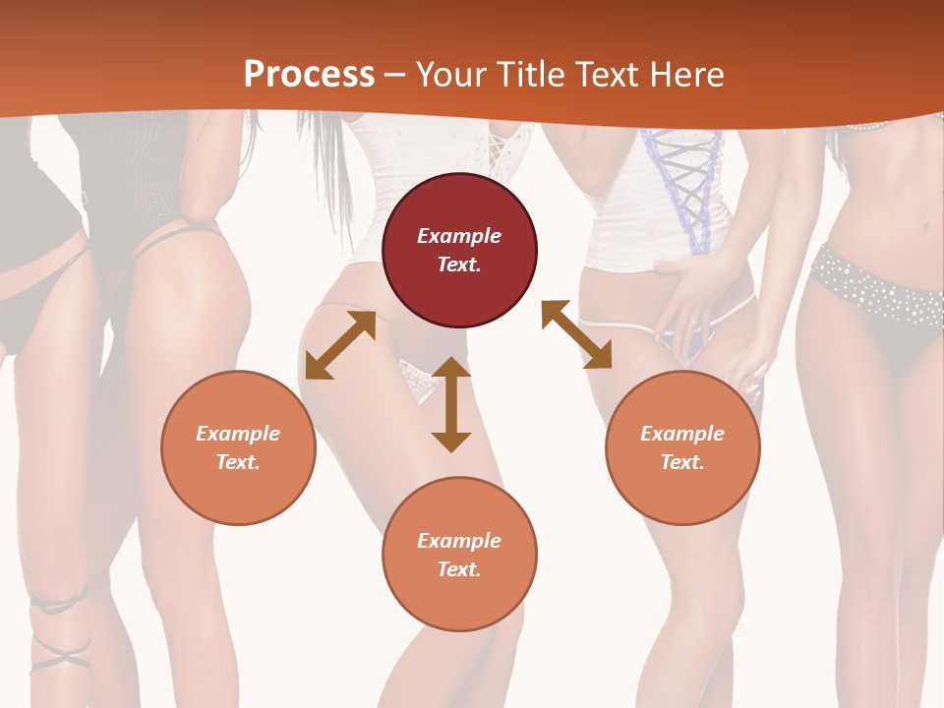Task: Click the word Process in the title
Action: (x=309, y=75)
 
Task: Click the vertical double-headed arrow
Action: (x=451, y=404)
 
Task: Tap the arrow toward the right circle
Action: (x=576, y=334)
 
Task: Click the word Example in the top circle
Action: (x=459, y=236)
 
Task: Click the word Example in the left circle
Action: (x=238, y=434)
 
